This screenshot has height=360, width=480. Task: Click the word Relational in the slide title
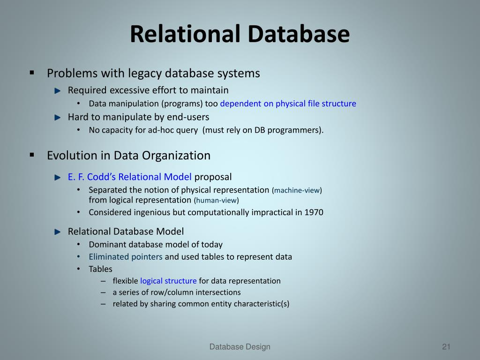185,34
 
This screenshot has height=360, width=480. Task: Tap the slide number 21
446,347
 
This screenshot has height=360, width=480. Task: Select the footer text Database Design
240,347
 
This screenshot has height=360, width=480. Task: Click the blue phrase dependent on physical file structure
288,104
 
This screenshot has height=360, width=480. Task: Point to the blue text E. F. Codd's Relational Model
129,177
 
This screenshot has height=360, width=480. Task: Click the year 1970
314,212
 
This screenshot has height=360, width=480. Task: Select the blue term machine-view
297,190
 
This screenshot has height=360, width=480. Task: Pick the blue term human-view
216,201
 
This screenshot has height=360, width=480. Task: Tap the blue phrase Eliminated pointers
126,257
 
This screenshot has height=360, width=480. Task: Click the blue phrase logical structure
168,281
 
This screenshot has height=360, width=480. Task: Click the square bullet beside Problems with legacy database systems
32,73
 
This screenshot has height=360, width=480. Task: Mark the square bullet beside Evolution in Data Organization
32,155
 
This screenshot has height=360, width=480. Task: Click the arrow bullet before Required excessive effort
58,90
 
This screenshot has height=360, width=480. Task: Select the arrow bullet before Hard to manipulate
58,117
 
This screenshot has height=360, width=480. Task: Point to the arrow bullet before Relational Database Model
58,232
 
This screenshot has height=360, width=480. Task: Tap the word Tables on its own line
100,269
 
